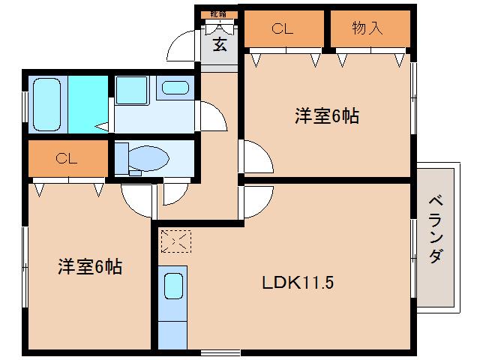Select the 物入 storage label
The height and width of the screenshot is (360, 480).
[x=367, y=28]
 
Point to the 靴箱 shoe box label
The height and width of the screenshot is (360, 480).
[x=218, y=14]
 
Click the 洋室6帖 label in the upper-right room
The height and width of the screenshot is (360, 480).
[x=325, y=116]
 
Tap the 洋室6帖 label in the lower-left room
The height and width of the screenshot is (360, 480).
[x=91, y=266]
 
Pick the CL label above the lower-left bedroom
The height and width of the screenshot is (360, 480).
[x=66, y=159]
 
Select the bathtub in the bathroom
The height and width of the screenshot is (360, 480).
[x=46, y=104]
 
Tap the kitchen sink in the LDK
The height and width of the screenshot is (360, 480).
[x=174, y=286]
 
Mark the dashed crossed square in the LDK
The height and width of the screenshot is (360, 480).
[x=176, y=241]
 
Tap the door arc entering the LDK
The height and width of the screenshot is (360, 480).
[x=256, y=199]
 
